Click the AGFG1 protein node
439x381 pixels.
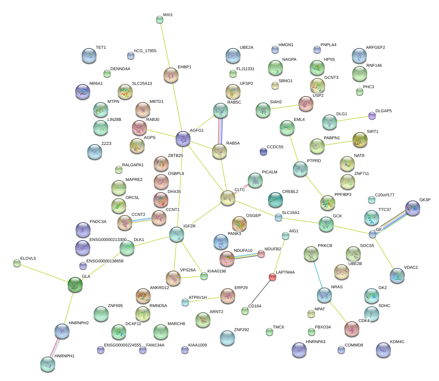(x=183, y=139)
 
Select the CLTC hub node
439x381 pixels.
(x=228, y=198)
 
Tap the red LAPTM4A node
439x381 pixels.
(x=272, y=277)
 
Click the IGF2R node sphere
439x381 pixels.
(x=176, y=234)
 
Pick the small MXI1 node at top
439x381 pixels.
(x=160, y=20)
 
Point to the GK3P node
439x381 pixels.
(x=413, y=208)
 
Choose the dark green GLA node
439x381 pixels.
(x=75, y=285)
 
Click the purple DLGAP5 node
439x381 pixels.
(x=372, y=116)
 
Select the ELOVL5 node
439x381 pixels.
(x=17, y=263)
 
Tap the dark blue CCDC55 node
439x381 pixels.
(x=263, y=151)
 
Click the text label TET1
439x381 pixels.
(x=101, y=48)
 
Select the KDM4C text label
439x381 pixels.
(x=397, y=342)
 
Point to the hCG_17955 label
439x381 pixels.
(x=145, y=51)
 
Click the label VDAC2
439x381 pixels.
(x=411, y=268)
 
